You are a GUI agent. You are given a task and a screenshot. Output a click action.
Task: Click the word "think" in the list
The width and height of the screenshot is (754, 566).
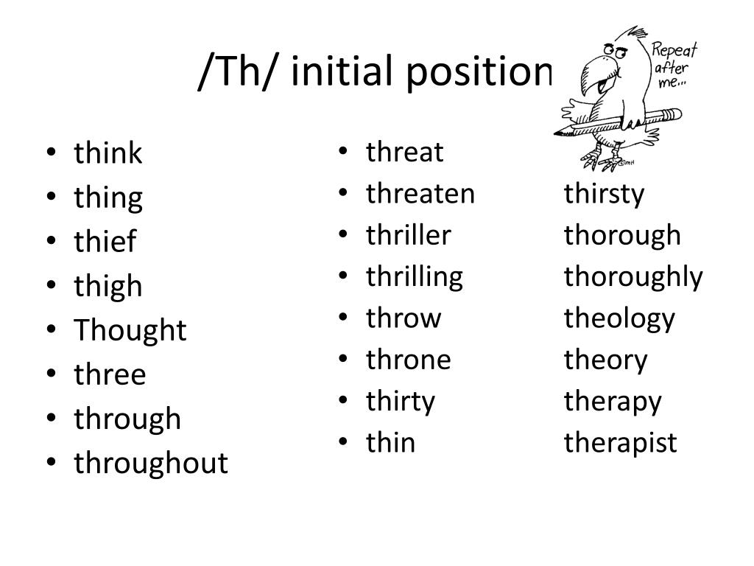(108, 154)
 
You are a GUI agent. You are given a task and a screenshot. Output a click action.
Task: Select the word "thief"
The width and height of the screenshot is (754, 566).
(105, 242)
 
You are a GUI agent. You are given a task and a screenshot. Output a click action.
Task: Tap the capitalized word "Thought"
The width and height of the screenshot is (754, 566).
(130, 330)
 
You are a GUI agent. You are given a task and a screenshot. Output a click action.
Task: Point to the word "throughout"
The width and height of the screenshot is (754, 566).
(151, 464)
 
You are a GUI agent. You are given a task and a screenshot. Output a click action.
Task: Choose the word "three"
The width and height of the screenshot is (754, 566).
(110, 374)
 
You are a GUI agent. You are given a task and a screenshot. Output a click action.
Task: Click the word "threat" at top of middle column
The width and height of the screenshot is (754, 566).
(404, 153)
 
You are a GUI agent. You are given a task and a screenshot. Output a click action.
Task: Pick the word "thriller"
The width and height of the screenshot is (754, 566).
(408, 235)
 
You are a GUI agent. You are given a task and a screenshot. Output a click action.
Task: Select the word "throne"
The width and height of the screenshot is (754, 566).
(408, 360)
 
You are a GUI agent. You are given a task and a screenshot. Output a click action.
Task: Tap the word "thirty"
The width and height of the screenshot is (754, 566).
(401, 402)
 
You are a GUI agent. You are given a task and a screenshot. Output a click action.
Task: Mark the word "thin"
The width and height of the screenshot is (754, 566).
(390, 443)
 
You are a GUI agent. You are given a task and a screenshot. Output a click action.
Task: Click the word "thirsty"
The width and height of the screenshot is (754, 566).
(604, 195)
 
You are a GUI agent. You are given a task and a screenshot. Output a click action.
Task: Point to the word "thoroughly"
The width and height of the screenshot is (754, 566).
(633, 277)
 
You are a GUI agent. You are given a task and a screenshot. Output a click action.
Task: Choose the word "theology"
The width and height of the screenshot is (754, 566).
(619, 319)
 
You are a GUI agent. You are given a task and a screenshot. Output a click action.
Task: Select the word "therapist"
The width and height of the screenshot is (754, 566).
(620, 443)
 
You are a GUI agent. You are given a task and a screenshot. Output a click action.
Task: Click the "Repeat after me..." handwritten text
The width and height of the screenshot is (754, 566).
(672, 65)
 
